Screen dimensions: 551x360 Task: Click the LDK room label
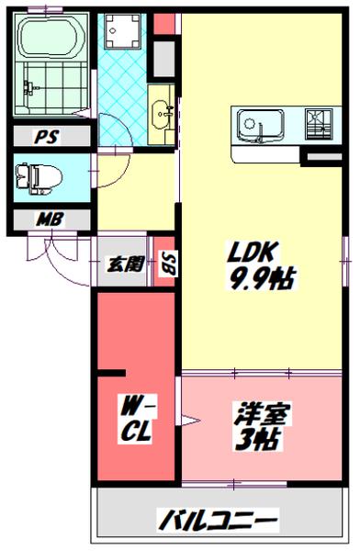coord(248,253)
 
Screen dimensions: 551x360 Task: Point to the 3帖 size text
coord(263,440)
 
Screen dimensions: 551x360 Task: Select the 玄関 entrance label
coord(127,264)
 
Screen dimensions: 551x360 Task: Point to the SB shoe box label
coord(169,264)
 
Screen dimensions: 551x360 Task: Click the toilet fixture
coord(39,176)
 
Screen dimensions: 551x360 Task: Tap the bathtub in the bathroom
coord(51,40)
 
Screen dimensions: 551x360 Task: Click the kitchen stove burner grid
coord(318,123)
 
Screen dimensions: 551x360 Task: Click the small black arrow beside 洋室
coord(191,422)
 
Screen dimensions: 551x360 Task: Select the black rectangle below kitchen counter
coord(321,160)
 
